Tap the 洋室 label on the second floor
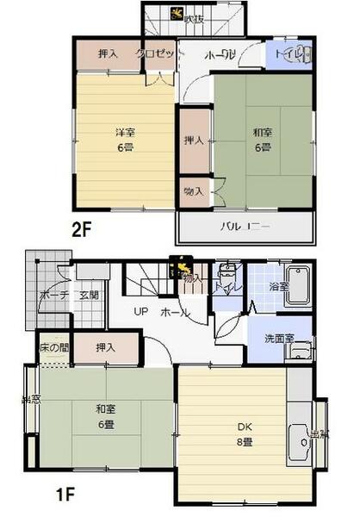(x=126, y=133)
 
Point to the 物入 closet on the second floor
(x=194, y=191)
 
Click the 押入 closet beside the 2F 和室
(x=194, y=140)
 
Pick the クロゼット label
(x=160, y=53)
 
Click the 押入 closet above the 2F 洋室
(x=108, y=53)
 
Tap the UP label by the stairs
(x=137, y=311)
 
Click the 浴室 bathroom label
(x=277, y=285)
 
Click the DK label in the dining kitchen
(x=244, y=425)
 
